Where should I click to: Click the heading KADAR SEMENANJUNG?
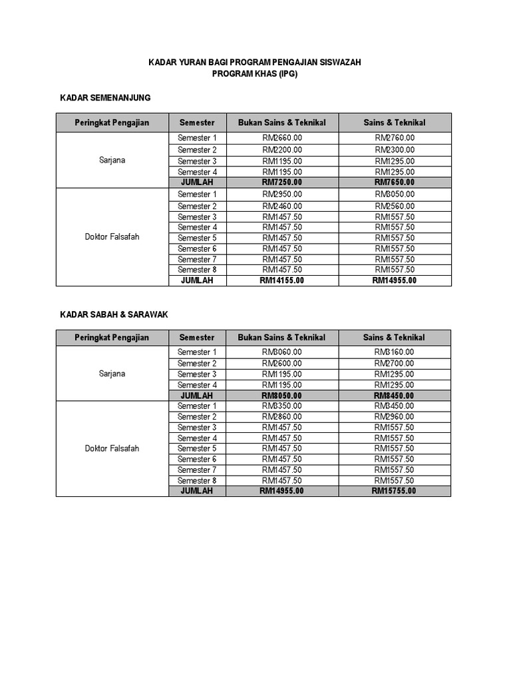coord(105,98)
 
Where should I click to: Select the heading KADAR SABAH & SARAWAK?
coord(114,314)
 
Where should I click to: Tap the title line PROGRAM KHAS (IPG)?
coord(255,74)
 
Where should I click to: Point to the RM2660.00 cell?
coord(282,138)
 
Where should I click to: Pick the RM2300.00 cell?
coord(395,150)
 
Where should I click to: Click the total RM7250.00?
coord(282,182)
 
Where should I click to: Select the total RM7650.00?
coord(395,182)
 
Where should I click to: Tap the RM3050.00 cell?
coord(395,194)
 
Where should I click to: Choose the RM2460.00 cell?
coord(282,206)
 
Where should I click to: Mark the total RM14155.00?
coord(282,280)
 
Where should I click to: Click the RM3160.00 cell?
coord(395,352)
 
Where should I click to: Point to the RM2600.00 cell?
coord(282,363)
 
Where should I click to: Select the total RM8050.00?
coord(282,395)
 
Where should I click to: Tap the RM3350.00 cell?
coord(282,406)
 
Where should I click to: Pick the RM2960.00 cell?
coord(395,416)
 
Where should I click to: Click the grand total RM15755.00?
coord(395,491)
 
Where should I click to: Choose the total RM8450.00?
coord(395,395)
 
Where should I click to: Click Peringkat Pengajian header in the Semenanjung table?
coord(112,123)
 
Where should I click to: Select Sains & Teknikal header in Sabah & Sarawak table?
coord(394,338)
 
